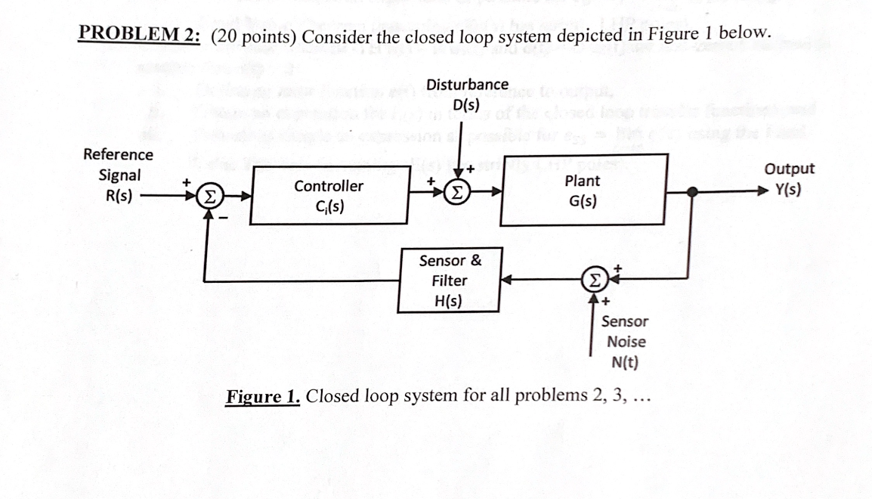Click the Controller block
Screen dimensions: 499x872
328,196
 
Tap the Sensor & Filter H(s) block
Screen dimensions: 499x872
450,280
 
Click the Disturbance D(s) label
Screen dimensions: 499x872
467,95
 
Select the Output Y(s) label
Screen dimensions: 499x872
789,179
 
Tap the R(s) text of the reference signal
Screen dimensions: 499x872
119,194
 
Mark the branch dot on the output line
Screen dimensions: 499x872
690,191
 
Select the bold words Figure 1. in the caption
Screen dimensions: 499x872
264,396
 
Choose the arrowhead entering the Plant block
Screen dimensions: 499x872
496,192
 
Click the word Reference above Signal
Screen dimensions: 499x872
118,154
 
